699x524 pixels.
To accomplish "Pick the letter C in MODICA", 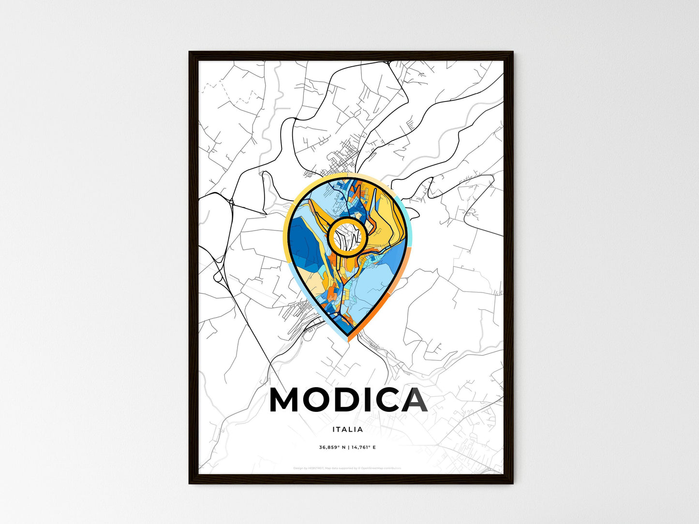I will pyautogui.click(x=388, y=400).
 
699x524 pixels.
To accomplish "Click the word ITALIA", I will pyautogui.click(x=347, y=429).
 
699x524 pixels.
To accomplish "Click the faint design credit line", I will pyautogui.click(x=347, y=468).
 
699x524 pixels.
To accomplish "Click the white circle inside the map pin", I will pyautogui.click(x=347, y=236).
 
